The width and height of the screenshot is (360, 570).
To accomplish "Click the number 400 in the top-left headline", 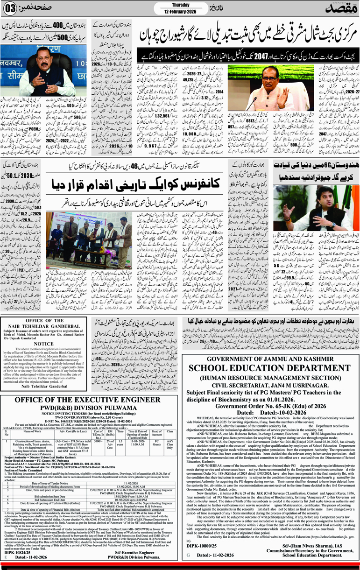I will pos(54,24).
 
